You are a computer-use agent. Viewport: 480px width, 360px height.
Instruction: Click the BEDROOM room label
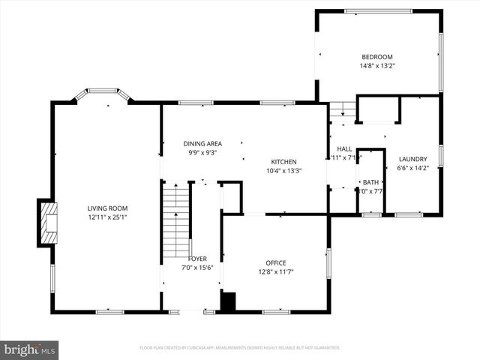[x=377, y=57]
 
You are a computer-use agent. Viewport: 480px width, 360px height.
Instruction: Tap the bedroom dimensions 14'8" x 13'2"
[x=377, y=66]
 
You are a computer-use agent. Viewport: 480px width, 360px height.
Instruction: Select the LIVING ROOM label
[x=107, y=208]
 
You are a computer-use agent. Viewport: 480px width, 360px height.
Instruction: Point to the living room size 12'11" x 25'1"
[x=107, y=217]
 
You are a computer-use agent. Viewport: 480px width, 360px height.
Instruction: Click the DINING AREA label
[x=202, y=143]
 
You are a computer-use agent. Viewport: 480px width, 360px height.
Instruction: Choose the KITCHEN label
[x=283, y=161]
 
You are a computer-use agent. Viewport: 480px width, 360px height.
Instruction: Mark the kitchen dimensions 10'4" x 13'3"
[x=283, y=170]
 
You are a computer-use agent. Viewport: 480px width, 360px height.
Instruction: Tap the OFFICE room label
[x=276, y=262]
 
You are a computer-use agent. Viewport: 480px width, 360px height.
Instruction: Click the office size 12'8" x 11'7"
[x=276, y=271]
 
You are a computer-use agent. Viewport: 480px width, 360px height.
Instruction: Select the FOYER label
[x=198, y=259]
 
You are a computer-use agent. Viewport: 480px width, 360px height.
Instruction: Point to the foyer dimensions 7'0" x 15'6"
[x=198, y=268]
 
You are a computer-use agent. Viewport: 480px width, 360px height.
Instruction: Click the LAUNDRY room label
[x=412, y=159]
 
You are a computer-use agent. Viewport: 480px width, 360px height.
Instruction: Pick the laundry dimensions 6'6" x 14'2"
[x=412, y=168]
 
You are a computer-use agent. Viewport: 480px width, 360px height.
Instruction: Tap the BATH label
[x=370, y=182]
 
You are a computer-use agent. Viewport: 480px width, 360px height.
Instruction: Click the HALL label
[x=344, y=148]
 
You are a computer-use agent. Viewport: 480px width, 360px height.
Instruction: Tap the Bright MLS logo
[x=30, y=349]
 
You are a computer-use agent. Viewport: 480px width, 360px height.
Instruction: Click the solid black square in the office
[x=228, y=301]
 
